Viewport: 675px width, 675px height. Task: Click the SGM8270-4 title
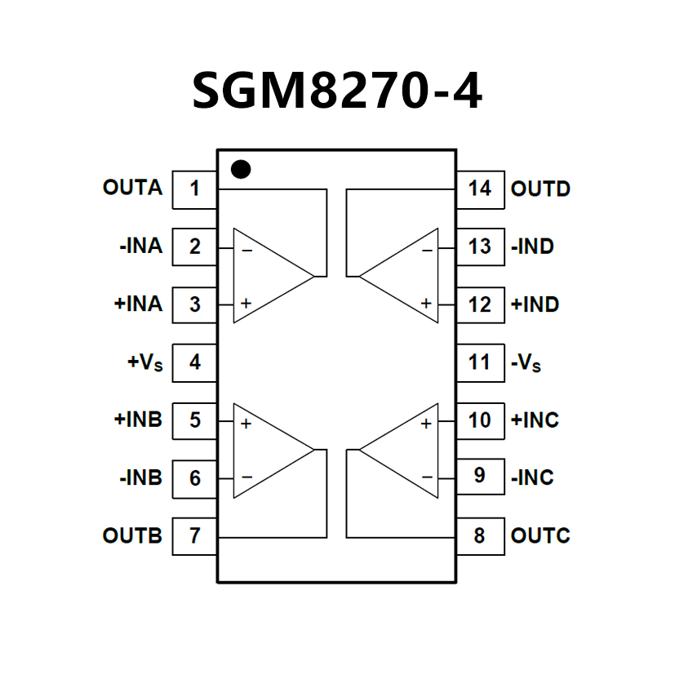[337, 91]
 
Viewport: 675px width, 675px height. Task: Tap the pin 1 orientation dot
[241, 169]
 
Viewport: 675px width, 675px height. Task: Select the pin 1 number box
[194, 189]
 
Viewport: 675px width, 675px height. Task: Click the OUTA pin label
[132, 188]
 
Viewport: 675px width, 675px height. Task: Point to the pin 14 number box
[480, 189]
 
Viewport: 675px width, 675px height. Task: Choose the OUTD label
[540, 189]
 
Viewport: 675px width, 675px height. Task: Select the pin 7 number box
[194, 536]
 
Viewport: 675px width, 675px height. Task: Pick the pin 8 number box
[480, 536]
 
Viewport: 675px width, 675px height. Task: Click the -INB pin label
[140, 477]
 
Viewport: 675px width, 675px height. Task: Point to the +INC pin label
[535, 420]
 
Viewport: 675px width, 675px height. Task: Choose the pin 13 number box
[480, 246]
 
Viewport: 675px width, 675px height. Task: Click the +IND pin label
[535, 304]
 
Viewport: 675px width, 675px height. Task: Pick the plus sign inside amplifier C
[425, 424]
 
